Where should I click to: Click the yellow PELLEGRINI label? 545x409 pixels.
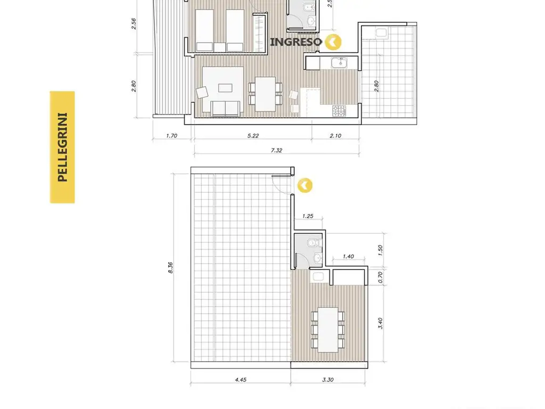click(62, 147)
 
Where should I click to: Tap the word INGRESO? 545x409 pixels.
click(296, 42)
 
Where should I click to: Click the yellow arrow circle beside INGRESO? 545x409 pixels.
click(333, 42)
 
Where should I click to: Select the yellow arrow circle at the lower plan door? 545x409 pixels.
click(305, 185)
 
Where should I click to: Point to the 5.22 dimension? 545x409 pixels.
click(253, 136)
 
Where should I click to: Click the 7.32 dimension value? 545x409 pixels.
click(276, 150)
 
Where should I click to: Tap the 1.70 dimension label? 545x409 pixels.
click(172, 136)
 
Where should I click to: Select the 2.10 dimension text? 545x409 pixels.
click(335, 136)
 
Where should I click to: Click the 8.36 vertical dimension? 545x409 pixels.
click(170, 267)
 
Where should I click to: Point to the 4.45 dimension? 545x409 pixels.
click(241, 379)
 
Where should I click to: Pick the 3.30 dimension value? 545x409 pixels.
click(328, 379)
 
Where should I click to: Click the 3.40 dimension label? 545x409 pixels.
click(380, 323)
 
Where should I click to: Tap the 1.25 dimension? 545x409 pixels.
click(308, 216)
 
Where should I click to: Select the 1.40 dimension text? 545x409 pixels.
click(348, 256)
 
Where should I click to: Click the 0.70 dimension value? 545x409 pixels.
click(380, 277)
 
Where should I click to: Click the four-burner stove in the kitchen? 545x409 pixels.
click(339, 111)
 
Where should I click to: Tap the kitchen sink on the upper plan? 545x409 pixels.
click(339, 63)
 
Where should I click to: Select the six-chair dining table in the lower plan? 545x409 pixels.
click(328, 330)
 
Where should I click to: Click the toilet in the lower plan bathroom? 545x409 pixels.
click(314, 242)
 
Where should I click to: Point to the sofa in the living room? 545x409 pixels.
click(225, 109)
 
